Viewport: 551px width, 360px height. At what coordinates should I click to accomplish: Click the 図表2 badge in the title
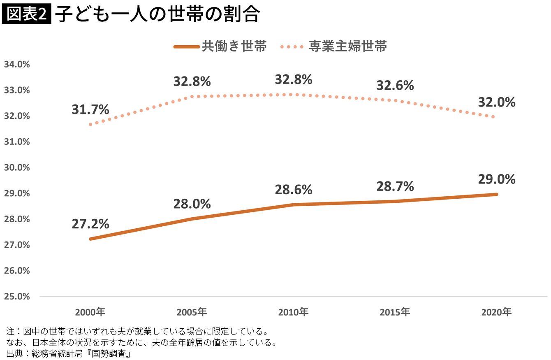point(26,15)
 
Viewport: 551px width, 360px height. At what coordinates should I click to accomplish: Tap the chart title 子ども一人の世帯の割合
point(157,15)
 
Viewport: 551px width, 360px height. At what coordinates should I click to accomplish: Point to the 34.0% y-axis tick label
point(17,65)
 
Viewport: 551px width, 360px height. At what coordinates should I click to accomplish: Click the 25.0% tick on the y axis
point(17,297)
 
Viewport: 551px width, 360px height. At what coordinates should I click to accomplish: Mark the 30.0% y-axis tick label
point(17,168)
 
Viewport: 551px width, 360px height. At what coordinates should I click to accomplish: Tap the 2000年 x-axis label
point(90,312)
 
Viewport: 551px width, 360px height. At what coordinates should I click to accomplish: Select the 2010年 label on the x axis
point(293,312)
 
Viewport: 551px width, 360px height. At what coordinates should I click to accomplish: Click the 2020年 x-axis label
point(496,312)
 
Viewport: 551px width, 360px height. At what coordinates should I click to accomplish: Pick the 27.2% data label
point(90,224)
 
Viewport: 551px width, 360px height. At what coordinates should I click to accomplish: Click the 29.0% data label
point(497,179)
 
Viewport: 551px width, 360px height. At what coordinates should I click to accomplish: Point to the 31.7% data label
point(90,109)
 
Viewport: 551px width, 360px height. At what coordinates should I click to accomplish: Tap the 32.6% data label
point(395,86)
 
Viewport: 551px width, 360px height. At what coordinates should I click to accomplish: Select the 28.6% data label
point(294,190)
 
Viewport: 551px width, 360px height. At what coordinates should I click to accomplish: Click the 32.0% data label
point(497,102)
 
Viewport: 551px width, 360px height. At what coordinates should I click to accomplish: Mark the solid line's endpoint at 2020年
point(496,194)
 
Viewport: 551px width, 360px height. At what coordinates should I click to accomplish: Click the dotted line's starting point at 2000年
point(90,124)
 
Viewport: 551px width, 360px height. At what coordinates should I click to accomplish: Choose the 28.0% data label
point(192,204)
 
